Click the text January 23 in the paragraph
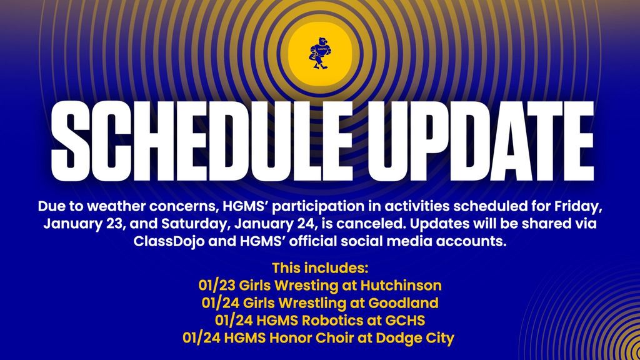78,224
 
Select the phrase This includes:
320,269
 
